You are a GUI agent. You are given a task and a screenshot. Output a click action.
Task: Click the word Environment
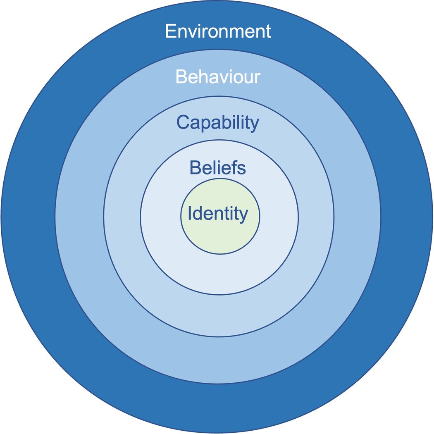click(x=218, y=32)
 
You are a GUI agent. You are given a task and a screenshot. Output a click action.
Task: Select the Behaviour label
click(x=218, y=77)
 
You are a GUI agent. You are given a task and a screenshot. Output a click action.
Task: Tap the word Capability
click(x=218, y=123)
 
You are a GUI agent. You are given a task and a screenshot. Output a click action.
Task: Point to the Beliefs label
click(x=218, y=168)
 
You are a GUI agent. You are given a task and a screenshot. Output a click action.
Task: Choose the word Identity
click(x=218, y=214)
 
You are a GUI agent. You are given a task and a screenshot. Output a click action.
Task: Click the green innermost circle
click(x=220, y=236)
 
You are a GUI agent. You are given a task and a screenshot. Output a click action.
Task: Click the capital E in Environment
click(x=170, y=32)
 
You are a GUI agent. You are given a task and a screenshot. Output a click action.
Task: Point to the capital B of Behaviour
click(x=181, y=77)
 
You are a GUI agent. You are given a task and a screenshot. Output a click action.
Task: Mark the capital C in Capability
click(x=183, y=123)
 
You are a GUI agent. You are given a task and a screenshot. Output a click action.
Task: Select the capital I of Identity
click(x=190, y=214)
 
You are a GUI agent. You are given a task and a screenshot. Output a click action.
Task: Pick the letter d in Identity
click(x=198, y=214)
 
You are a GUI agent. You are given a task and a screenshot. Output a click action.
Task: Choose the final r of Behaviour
click(x=257, y=79)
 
